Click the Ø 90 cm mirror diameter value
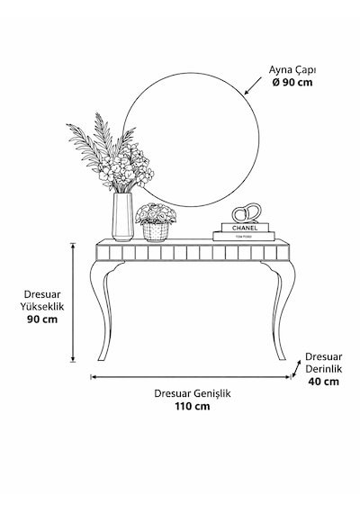point(292,82)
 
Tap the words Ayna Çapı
point(292,70)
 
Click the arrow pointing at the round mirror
point(253,86)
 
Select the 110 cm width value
point(193,406)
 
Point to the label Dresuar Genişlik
point(193,393)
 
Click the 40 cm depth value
point(324,382)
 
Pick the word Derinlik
point(324,369)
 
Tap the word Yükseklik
point(42,307)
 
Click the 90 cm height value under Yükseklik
point(42,319)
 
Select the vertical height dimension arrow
point(73,302)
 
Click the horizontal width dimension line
point(191,377)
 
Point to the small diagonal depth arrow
point(296,369)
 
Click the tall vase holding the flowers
point(122,217)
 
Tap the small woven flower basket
point(156,232)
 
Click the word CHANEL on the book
point(245,228)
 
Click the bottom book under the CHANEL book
point(244,236)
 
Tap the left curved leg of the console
point(104,310)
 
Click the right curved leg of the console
point(281,310)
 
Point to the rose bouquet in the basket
point(156,213)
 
